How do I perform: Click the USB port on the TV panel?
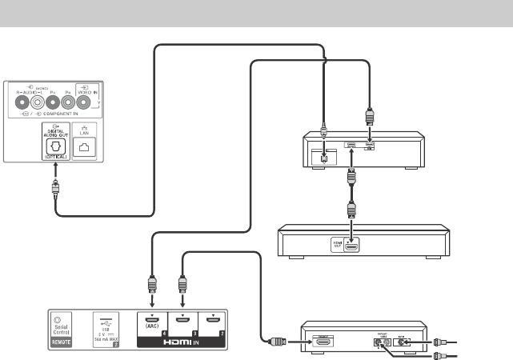click(x=106, y=315)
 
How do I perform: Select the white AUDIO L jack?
click(x=38, y=102)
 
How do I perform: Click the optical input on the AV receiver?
click(x=323, y=157)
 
